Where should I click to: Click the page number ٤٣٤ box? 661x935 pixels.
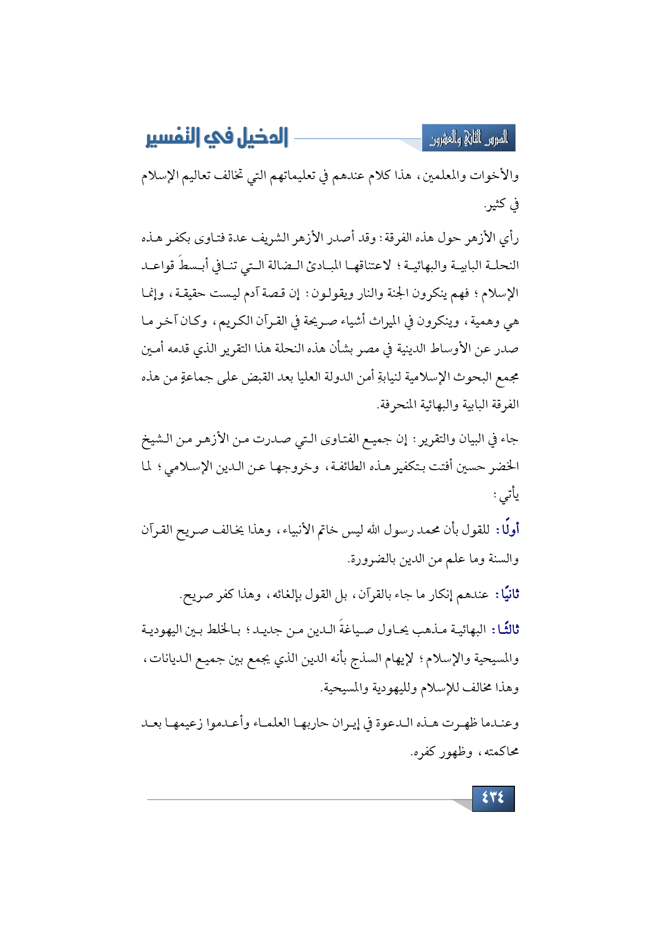[493, 798]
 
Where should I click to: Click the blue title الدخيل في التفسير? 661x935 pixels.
[217, 138]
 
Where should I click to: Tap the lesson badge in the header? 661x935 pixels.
[469, 139]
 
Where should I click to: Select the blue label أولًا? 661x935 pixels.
[507, 530]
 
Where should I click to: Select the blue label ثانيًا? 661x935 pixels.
[507, 594]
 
